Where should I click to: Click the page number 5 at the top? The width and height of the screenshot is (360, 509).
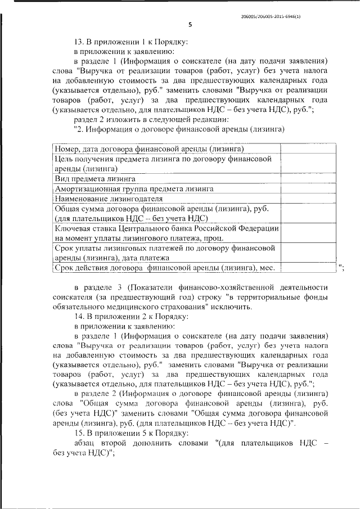[x=190, y=24]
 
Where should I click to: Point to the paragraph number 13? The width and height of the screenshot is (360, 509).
[x=79, y=41]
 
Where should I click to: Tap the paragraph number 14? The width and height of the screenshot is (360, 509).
[x=79, y=316]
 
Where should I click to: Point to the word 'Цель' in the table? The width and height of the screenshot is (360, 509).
[x=64, y=159]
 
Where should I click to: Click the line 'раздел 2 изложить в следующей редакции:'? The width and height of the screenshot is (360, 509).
[x=151, y=119]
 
